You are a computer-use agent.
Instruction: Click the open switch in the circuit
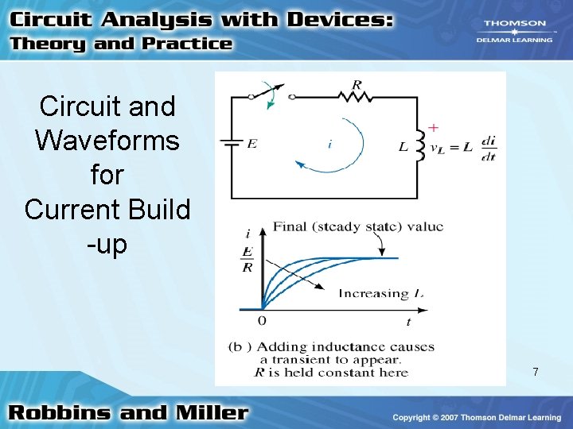[271, 94]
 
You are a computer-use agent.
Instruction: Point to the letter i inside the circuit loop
[329, 145]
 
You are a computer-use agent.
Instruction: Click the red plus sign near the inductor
[434, 127]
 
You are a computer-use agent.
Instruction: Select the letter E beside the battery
[252, 145]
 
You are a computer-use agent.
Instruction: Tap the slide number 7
[536, 372]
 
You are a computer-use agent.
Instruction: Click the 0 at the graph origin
[262, 320]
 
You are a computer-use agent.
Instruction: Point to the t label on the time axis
[408, 322]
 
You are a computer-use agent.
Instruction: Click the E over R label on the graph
[248, 259]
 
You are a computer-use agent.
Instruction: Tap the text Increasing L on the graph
[380, 293]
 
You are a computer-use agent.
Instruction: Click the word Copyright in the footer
[414, 417]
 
